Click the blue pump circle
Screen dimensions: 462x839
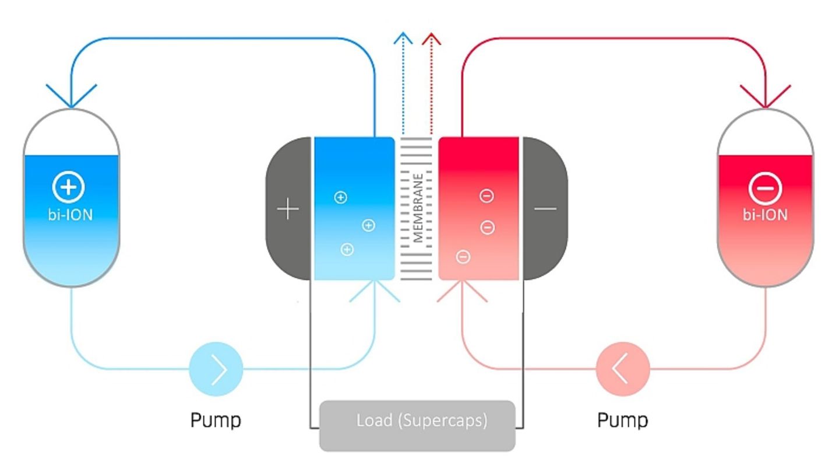[x=216, y=369]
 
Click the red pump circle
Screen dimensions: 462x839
[x=622, y=369]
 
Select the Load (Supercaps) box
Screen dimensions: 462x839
[x=417, y=425]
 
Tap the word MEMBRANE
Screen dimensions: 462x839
[x=417, y=208]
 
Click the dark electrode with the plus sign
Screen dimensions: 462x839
[x=288, y=208]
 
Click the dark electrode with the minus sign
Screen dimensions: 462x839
[x=545, y=208]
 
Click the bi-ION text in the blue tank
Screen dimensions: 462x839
[x=70, y=215]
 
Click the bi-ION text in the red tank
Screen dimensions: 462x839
[x=764, y=215]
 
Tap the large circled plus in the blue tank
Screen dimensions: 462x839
[x=69, y=187]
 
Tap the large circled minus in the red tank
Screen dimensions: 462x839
[x=764, y=188]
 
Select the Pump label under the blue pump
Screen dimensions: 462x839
[x=216, y=419]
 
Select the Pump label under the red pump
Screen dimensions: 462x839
[x=622, y=419]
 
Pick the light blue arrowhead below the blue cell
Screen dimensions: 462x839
[x=375, y=290]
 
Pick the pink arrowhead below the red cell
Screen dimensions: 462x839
[x=462, y=290]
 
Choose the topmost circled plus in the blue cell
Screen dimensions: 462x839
[x=340, y=197]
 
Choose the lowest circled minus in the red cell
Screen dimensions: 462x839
[x=463, y=256]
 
